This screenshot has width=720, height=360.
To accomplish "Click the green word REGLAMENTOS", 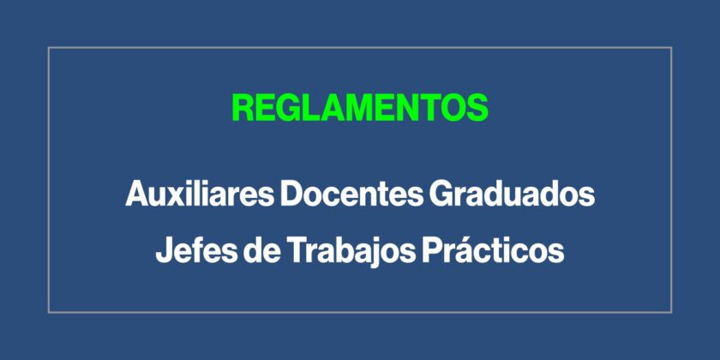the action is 360,108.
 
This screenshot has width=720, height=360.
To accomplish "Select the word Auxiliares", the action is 199,194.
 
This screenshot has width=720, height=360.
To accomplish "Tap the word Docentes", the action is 351,194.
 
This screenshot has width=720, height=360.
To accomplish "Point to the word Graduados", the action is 512,195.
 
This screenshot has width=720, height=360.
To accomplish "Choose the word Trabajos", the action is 351,252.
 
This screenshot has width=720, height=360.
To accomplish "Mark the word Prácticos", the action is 493,250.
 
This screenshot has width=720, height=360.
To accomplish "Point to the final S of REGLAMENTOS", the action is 477,108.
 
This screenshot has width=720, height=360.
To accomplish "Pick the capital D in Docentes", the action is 293,194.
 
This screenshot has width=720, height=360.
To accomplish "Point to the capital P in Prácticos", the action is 433,250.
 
